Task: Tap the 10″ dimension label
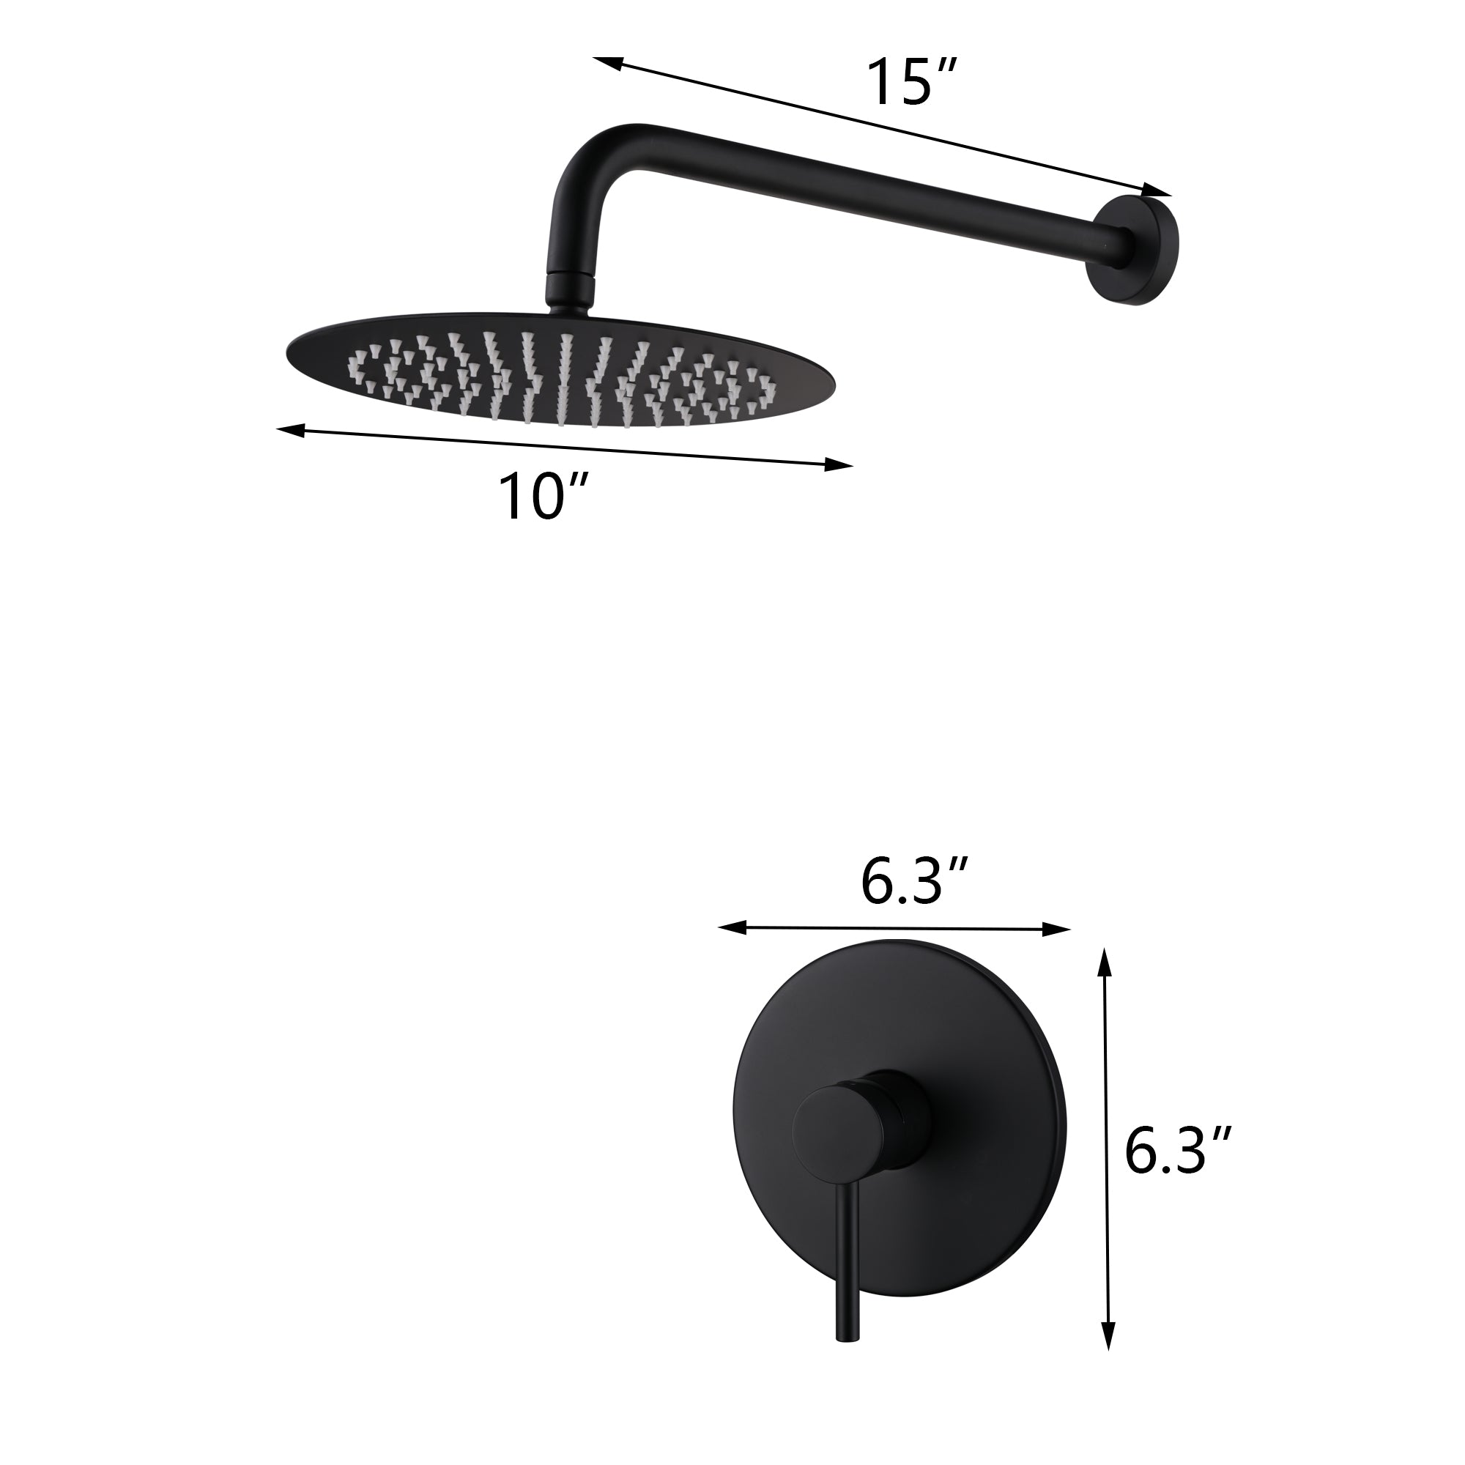coord(544,497)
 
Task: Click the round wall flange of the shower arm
coord(1135,251)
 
